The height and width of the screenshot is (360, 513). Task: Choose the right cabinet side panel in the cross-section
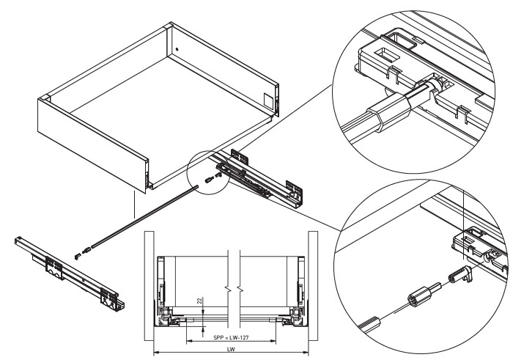pos(313,286)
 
